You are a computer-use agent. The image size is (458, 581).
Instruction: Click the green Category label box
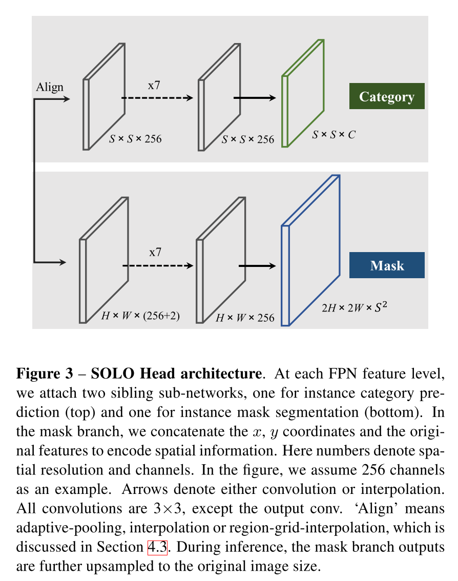point(387,96)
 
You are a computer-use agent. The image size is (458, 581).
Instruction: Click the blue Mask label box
point(387,265)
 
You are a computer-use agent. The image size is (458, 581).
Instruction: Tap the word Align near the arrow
point(50,87)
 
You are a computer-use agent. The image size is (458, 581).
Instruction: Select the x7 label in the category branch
point(154,85)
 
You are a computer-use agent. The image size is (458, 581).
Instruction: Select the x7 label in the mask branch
point(155,252)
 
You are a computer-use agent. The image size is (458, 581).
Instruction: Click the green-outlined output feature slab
point(303,93)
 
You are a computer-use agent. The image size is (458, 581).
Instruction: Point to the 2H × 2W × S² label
point(353,308)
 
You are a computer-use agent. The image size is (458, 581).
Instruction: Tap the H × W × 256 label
point(245,318)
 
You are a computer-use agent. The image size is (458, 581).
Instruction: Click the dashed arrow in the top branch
point(157,98)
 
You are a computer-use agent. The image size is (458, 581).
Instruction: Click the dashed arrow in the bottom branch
point(157,265)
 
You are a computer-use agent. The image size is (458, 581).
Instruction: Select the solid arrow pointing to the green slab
point(255,98)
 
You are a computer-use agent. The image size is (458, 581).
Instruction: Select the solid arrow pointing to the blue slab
point(258,265)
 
